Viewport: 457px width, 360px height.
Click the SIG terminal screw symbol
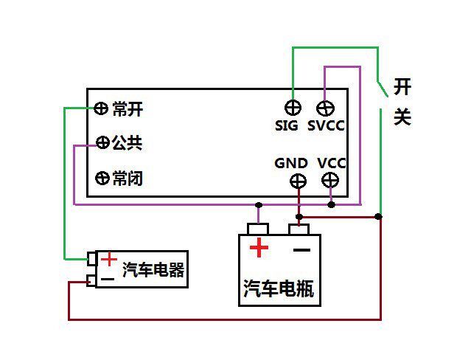click(x=293, y=107)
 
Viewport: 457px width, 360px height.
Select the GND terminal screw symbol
click(x=299, y=180)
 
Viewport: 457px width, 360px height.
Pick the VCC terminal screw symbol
click(x=331, y=180)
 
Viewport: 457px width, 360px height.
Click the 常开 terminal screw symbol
click(x=102, y=109)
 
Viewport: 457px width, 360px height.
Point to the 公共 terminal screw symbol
click(x=102, y=142)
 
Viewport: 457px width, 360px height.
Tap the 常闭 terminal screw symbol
click(x=102, y=178)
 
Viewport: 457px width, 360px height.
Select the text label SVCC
click(x=326, y=125)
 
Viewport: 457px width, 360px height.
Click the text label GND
click(x=290, y=162)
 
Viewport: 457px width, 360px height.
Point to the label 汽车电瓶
click(x=279, y=289)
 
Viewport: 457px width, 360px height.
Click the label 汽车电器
click(x=153, y=270)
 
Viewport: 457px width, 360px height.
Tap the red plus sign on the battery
click(x=259, y=248)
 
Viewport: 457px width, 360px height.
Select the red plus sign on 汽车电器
click(x=109, y=259)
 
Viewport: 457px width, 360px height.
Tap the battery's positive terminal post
click(x=258, y=229)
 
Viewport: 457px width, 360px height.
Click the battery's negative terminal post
click(x=299, y=229)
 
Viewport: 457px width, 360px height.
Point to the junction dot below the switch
click(x=379, y=217)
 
